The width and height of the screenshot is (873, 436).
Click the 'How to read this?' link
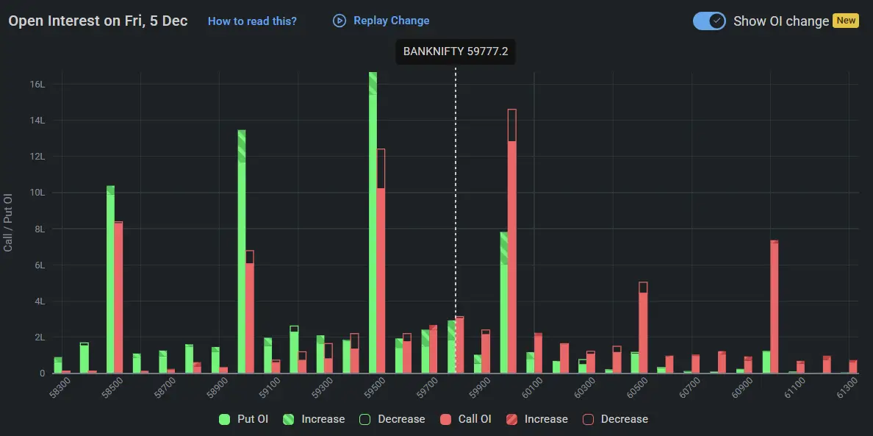(252, 21)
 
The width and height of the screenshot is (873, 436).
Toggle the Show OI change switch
(709, 21)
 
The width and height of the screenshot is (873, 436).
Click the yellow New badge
(846, 21)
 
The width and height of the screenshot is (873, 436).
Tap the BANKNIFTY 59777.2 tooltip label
(456, 52)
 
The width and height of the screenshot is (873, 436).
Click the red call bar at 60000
(512, 250)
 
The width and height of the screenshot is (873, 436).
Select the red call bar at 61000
(775, 309)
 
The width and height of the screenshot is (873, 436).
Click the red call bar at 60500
(643, 331)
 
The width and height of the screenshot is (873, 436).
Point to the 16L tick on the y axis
(37, 85)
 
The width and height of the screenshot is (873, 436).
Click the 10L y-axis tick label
(37, 193)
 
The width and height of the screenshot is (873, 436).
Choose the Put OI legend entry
(245, 419)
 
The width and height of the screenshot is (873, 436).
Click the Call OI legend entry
(466, 419)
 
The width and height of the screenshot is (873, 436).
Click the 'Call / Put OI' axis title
(9, 223)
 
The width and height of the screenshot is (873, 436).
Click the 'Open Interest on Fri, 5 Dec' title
(98, 21)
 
